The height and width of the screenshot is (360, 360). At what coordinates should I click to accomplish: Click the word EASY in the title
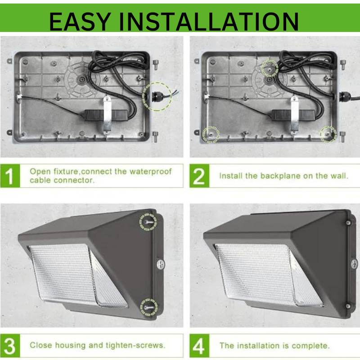[81, 21]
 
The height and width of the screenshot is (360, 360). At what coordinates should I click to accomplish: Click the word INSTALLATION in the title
[209, 21]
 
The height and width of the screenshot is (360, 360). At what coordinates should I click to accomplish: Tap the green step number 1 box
[10, 175]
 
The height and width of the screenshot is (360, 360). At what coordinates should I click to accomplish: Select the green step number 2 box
[199, 175]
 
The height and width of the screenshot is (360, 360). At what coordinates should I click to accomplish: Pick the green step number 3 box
[10, 346]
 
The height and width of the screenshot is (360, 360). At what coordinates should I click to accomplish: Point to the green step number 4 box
[199, 346]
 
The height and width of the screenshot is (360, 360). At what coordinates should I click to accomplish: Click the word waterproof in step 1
[150, 171]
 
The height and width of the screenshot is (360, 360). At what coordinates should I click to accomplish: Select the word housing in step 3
[70, 345]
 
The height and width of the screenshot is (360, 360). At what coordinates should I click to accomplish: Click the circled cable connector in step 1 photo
[157, 97]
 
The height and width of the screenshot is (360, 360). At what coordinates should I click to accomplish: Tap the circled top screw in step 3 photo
[148, 222]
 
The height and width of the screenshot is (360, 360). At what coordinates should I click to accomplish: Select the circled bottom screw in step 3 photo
[149, 307]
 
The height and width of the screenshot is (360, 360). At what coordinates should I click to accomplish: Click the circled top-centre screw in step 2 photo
[270, 68]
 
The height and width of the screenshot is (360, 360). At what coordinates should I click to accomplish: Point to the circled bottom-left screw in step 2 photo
[211, 135]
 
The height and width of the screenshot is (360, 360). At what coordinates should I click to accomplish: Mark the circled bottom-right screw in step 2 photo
[328, 134]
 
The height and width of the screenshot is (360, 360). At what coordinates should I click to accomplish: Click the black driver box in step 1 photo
[106, 115]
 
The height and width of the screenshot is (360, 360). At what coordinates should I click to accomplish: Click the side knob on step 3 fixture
[161, 264]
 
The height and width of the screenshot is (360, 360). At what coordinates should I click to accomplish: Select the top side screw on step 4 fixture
[348, 223]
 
